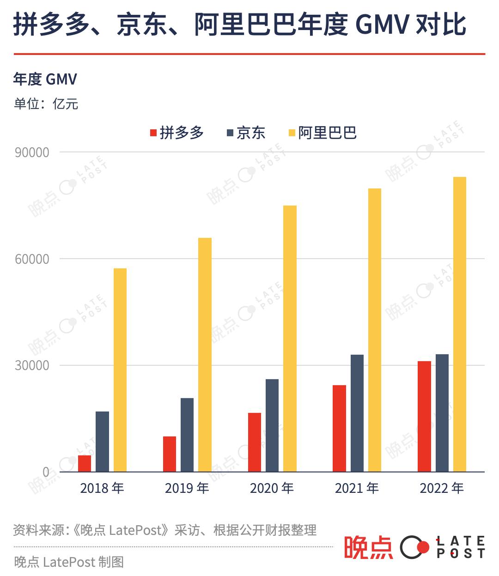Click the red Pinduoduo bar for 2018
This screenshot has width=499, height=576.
tap(85, 463)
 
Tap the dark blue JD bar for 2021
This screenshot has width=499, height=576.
tap(357, 413)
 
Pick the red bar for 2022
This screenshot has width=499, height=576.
tap(424, 416)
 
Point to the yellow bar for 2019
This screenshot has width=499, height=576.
tap(205, 355)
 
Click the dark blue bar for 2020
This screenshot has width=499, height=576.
tap(272, 425)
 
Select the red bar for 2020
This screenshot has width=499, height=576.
tap(255, 442)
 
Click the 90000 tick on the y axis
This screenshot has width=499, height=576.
tap(32, 152)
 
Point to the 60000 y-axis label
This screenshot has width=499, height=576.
tap(32, 259)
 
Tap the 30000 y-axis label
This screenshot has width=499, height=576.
tap(32, 365)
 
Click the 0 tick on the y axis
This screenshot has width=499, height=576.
tap(46, 472)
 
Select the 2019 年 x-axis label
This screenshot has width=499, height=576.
tap(187, 488)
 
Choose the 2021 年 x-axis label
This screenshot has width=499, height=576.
tap(357, 488)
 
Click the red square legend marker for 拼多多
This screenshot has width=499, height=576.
tap(154, 133)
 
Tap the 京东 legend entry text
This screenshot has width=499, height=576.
tap(251, 133)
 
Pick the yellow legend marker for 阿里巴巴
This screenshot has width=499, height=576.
tap(292, 133)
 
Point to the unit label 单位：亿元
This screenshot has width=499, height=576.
tap(46, 103)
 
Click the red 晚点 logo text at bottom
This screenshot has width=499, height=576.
tap(368, 548)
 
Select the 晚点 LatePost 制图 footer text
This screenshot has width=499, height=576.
tap(69, 562)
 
